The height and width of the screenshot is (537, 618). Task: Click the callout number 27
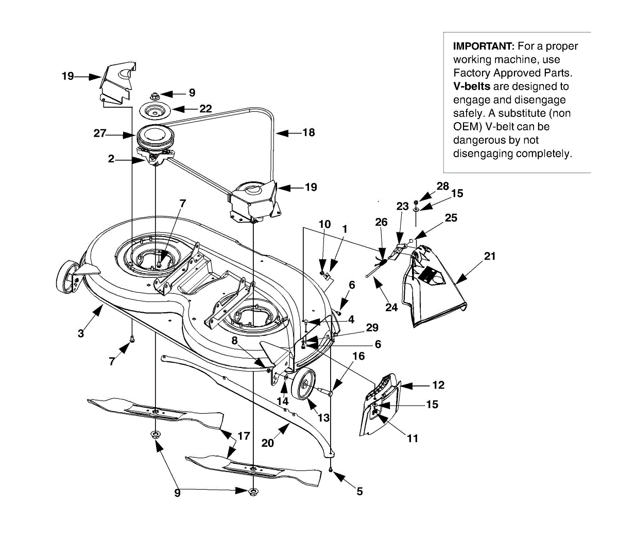(x=99, y=133)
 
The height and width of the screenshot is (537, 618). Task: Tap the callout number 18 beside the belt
(x=308, y=132)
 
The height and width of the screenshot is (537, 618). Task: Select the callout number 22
(x=205, y=109)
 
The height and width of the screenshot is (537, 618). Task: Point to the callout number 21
(x=490, y=256)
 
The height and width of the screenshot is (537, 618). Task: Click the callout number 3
(x=81, y=333)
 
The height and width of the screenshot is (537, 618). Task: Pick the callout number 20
(x=267, y=443)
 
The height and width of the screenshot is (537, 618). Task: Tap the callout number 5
(x=359, y=491)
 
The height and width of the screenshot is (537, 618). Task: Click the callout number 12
(x=438, y=385)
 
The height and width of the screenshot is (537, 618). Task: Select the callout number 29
(x=372, y=328)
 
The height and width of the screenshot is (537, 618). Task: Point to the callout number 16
(x=358, y=356)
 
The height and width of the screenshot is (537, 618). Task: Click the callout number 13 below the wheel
(x=323, y=417)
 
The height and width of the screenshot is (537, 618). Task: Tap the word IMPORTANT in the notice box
(x=484, y=46)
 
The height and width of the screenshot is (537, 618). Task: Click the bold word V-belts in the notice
(x=471, y=87)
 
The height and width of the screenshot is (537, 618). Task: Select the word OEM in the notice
(x=464, y=127)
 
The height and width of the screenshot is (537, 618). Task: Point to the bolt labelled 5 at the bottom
(x=331, y=469)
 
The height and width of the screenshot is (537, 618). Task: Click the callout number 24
(x=391, y=308)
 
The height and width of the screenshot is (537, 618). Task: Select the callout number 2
(x=111, y=159)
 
